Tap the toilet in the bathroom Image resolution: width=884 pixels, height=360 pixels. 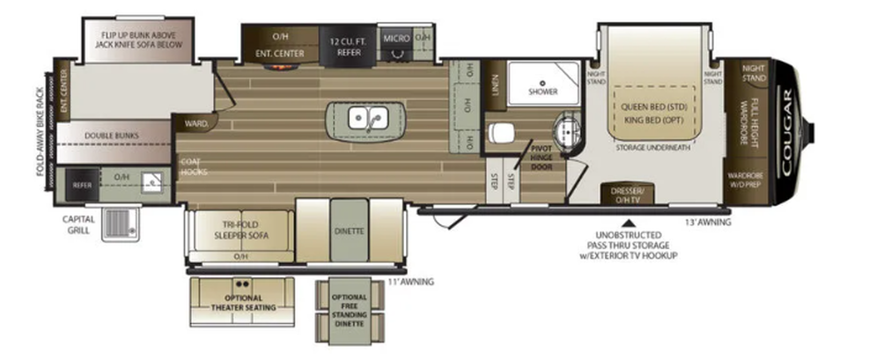502,133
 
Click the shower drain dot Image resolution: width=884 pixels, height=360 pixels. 542,83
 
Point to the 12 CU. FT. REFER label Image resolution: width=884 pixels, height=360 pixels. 349,46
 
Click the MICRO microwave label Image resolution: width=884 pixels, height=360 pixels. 396,39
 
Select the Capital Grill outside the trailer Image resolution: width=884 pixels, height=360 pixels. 120,224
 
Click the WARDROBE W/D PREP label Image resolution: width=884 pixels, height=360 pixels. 745,180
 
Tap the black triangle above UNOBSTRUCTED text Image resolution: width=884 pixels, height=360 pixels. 629,224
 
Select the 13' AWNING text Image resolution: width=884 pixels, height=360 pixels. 708,223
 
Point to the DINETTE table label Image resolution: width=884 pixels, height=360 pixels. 349,231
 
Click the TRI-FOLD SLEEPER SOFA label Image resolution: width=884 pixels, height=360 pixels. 240,230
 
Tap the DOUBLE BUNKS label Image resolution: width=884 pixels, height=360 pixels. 112,136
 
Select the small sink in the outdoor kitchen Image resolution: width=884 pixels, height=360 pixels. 152,181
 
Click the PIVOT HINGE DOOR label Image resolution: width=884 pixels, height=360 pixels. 541,158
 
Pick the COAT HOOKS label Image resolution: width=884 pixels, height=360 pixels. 194,166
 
